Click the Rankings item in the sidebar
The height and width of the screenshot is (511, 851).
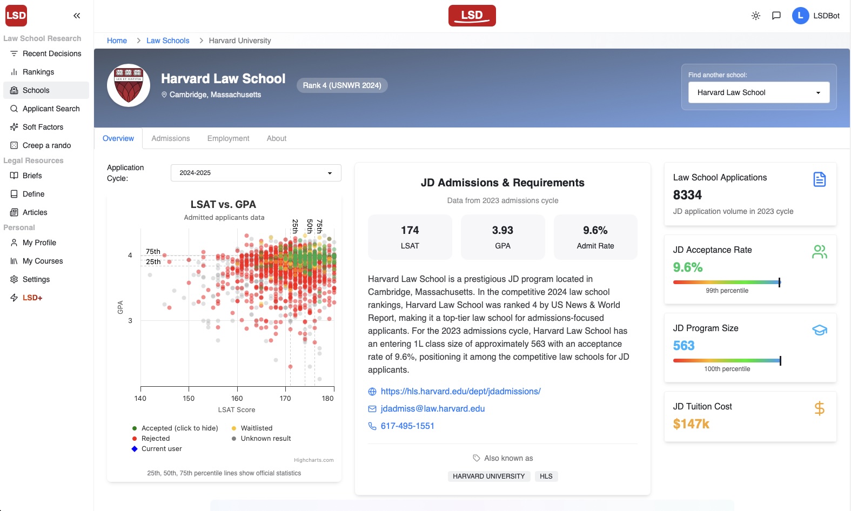[38, 72]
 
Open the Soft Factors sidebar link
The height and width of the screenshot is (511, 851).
[43, 127]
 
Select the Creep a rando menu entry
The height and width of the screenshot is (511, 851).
[46, 145]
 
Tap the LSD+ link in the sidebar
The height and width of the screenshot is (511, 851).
[32, 298]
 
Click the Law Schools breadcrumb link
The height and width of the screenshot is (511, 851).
[167, 41]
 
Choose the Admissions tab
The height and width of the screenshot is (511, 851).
[170, 138]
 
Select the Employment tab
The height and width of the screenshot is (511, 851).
[228, 138]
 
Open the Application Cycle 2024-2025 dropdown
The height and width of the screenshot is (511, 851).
[256, 173]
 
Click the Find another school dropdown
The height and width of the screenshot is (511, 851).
[758, 92]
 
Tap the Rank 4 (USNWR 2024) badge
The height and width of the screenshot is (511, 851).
[341, 85]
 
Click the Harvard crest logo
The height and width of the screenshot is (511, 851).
[129, 85]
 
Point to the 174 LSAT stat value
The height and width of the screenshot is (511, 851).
[410, 231]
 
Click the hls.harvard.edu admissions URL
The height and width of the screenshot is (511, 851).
[460, 391]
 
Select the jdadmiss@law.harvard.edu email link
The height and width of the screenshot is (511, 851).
[432, 408]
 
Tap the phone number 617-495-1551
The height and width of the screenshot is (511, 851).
[407, 426]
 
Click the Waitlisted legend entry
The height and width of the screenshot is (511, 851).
[256, 428]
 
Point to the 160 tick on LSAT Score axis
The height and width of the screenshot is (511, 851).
[237, 398]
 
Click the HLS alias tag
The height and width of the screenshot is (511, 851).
[546, 476]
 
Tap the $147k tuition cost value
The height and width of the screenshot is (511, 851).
[691, 424]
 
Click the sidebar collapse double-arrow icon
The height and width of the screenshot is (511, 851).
[77, 16]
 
